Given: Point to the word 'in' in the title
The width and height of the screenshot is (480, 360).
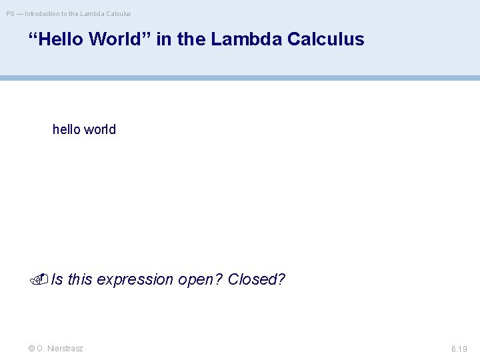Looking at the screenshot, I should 165,39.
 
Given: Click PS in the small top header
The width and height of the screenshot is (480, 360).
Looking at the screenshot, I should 10,13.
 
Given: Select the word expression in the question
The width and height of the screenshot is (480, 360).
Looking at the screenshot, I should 135,279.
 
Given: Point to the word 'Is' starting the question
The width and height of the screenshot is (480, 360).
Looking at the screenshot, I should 57,279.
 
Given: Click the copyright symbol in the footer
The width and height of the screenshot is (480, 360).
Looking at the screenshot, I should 31,349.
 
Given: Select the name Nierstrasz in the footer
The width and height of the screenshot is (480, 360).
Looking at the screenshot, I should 65,349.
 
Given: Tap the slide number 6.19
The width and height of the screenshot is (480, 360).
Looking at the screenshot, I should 459,349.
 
